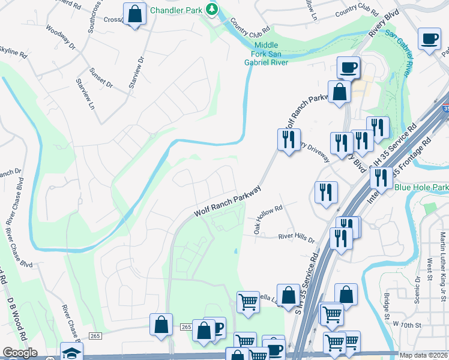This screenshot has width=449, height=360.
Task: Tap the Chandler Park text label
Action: (x=176, y=10)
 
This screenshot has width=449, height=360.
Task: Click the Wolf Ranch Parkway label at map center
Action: (x=228, y=202)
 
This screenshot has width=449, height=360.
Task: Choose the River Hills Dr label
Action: (x=297, y=238)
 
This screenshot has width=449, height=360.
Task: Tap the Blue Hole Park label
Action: (x=421, y=188)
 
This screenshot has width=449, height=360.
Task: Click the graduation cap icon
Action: (x=71, y=352)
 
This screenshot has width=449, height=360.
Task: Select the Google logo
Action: (x=20, y=353)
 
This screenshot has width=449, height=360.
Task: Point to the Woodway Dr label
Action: (x=61, y=38)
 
